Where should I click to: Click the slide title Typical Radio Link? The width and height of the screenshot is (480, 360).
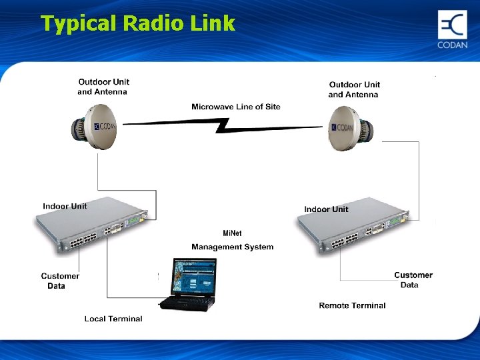coord(138,23)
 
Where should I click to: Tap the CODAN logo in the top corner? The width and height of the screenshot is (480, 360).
coord(452,30)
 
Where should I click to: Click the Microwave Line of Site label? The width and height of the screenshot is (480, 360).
coord(235,107)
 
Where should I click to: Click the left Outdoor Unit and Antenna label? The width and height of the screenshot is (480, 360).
coord(103,87)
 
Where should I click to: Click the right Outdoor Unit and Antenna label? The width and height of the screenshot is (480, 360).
coord(354,89)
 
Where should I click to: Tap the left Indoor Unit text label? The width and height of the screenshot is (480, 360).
coord(65,206)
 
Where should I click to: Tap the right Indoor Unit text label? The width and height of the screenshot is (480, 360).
coord(326,209)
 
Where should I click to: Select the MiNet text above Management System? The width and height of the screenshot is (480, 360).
coord(232,233)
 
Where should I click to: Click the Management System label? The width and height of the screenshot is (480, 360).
coord(232,247)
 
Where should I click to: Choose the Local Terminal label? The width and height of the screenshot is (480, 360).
coord(113,319)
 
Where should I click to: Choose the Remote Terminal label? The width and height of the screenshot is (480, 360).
coord(352,305)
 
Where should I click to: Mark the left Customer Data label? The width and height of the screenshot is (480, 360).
coord(59,281)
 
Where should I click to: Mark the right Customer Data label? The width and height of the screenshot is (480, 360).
coord(413,280)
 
